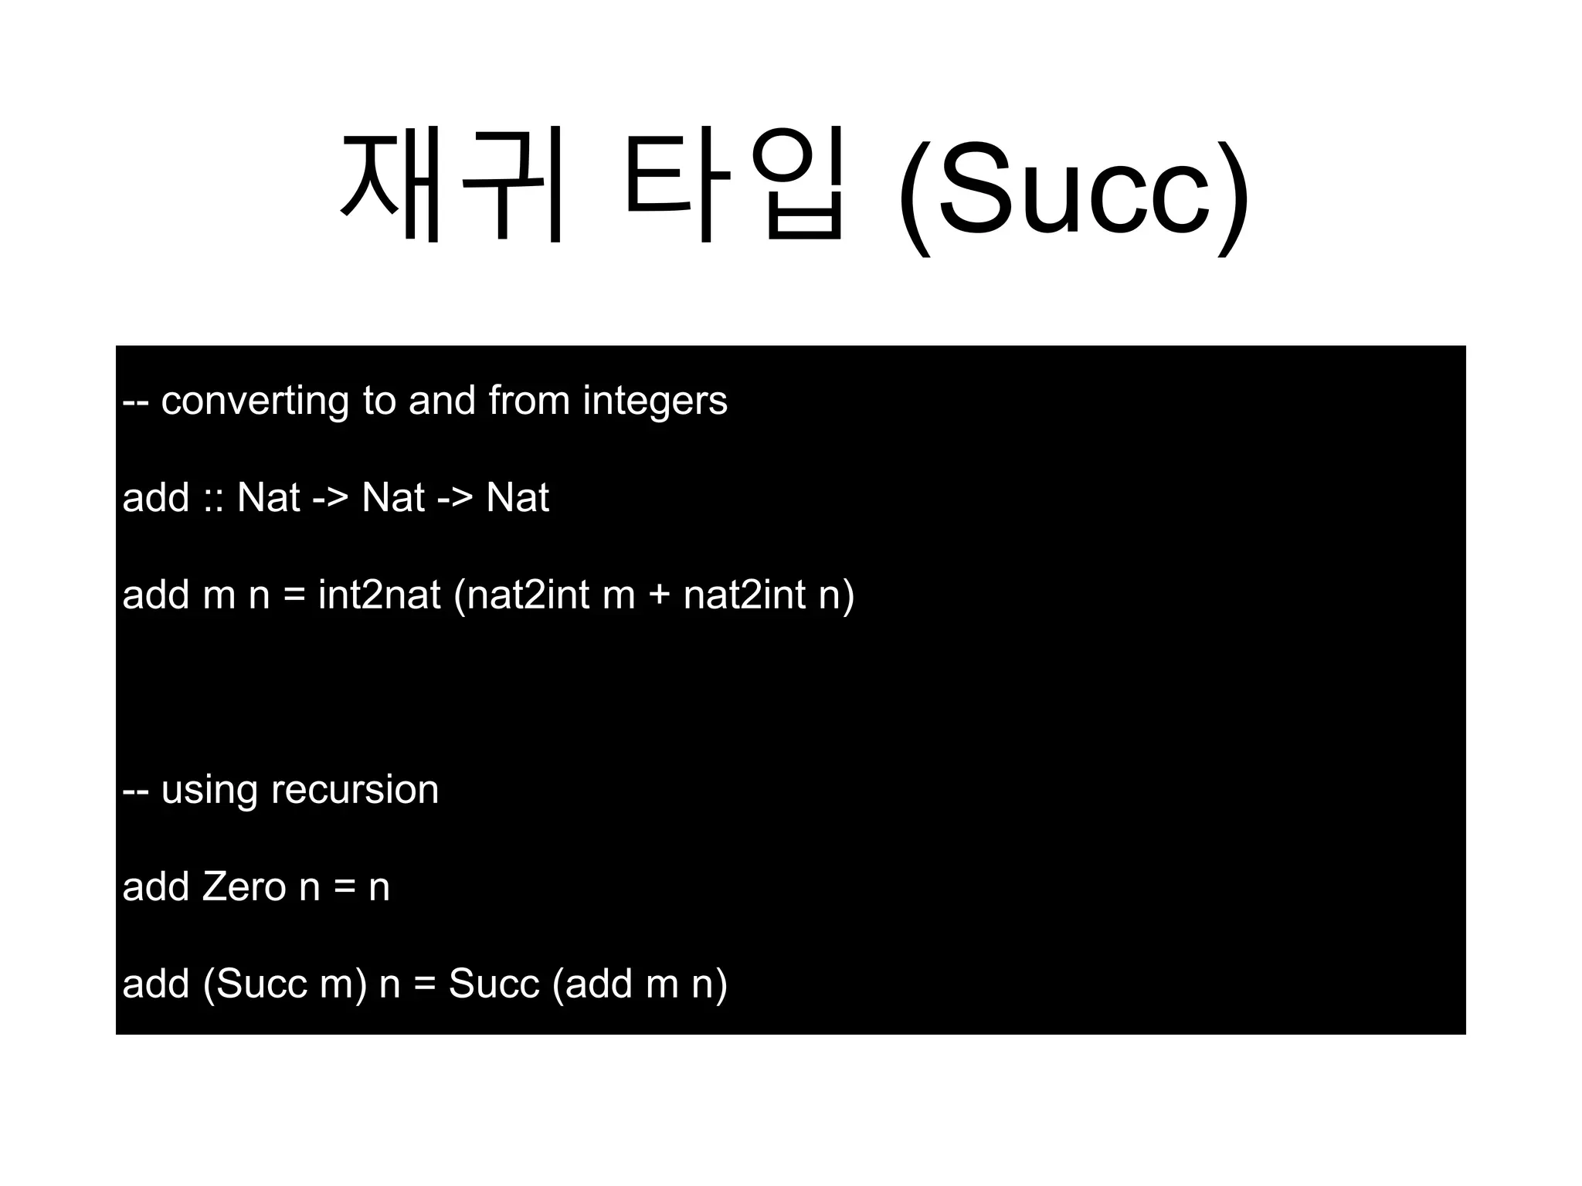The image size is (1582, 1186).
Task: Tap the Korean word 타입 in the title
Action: pyautogui.click(x=734, y=185)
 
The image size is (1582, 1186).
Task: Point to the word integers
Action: pyautogui.click(x=654, y=402)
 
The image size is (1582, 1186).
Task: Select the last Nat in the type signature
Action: pyautogui.click(x=517, y=497)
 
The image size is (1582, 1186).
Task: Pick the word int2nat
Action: pyautogui.click(x=379, y=595)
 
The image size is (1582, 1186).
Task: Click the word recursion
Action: pyautogui.click(x=355, y=790)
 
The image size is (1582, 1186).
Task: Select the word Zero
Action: pyautogui.click(x=244, y=887)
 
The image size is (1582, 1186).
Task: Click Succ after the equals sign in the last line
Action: pyautogui.click(x=494, y=984)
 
